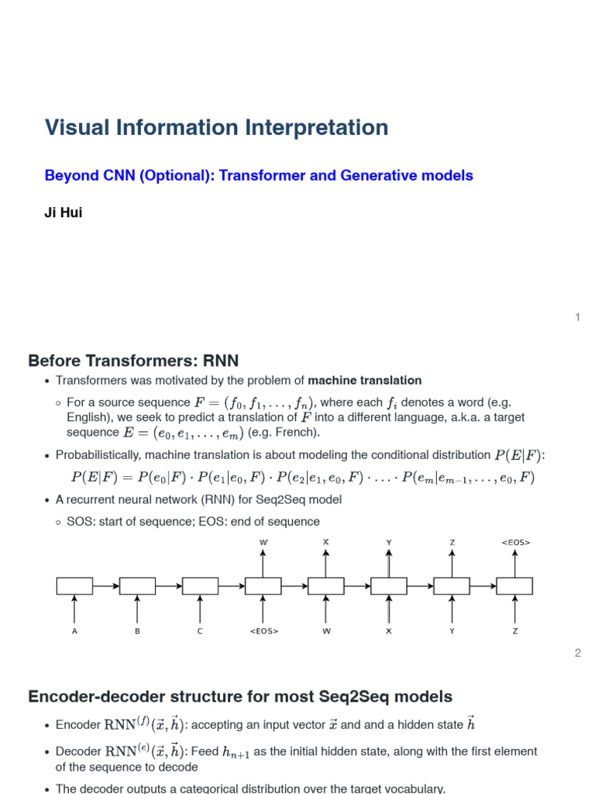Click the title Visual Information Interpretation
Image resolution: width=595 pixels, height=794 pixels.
coord(216,128)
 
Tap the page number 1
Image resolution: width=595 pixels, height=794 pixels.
coord(577,317)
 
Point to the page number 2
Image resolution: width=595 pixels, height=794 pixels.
coord(577,654)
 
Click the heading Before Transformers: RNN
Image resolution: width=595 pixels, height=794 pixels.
coord(133,361)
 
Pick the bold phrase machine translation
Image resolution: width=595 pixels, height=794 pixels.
coord(365,381)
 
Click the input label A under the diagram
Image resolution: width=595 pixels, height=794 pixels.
coord(74,631)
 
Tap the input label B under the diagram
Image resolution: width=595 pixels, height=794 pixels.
coord(137,631)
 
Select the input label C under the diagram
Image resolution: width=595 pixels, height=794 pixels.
coord(200,631)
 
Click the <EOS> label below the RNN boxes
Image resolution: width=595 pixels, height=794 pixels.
coord(263,631)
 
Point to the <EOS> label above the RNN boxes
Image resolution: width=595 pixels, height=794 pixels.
coord(515,542)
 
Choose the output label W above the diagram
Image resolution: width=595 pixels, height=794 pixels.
coord(263,542)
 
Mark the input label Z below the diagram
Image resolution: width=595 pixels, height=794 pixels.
coord(515,631)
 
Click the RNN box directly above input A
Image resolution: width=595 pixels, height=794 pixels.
coord(74,586)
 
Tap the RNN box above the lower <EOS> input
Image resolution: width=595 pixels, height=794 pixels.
coord(263,586)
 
